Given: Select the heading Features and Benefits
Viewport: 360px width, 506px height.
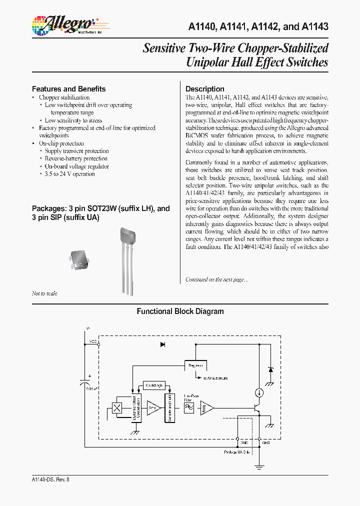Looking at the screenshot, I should [x=68, y=89].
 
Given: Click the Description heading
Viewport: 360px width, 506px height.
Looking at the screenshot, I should [x=205, y=89].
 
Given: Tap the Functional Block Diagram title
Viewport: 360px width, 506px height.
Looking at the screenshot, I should [x=180, y=311].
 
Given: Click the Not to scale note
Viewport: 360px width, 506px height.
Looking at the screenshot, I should [x=44, y=293].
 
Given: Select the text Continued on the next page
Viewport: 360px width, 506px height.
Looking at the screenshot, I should [x=216, y=279].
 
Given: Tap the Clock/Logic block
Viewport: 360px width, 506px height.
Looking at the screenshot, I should [x=153, y=385].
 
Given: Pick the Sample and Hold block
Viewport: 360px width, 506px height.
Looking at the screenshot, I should [x=170, y=407].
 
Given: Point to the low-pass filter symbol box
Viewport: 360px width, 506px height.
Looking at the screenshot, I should [x=189, y=408].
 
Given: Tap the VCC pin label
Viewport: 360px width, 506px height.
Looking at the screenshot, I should [x=93, y=341].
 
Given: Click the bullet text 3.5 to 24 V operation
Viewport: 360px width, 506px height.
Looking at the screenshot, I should [x=69, y=174].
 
